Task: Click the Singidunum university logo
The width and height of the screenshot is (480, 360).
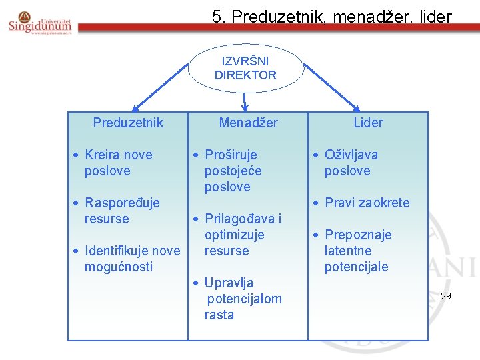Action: point(41,24)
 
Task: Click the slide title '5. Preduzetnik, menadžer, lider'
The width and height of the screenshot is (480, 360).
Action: point(331,16)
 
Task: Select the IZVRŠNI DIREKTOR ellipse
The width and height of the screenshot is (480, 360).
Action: point(245,68)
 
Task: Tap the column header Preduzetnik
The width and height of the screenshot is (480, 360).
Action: point(128,123)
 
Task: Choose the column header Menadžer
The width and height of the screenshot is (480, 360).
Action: point(248,123)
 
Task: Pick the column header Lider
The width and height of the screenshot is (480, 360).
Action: point(368,123)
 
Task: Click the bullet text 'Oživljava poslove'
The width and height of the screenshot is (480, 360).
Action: point(351,163)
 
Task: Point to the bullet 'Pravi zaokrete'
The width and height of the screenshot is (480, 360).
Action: point(366,203)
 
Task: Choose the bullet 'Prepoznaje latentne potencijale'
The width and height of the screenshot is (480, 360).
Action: point(357,251)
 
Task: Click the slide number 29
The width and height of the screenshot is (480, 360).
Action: point(446,295)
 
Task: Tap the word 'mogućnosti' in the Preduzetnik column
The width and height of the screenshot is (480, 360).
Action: point(118,267)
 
